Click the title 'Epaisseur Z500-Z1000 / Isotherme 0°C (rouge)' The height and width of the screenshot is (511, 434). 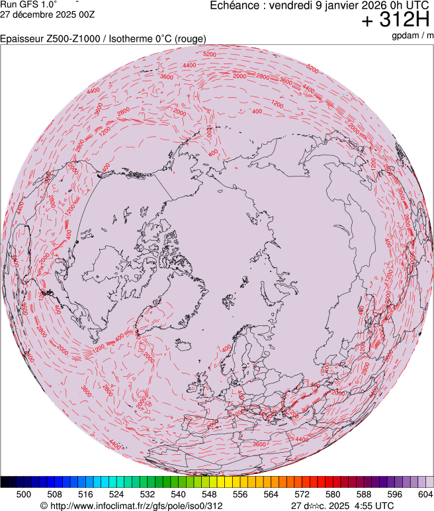click(103, 40)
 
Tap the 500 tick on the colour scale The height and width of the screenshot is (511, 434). click(24, 494)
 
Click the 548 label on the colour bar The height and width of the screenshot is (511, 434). click(209, 494)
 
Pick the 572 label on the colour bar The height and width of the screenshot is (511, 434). click(302, 494)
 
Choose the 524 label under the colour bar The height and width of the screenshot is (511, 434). click(116, 494)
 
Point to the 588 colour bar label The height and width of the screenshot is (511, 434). click(364, 494)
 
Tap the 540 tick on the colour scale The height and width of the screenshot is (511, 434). click(178, 494)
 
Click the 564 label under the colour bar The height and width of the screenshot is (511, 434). click(271, 494)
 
